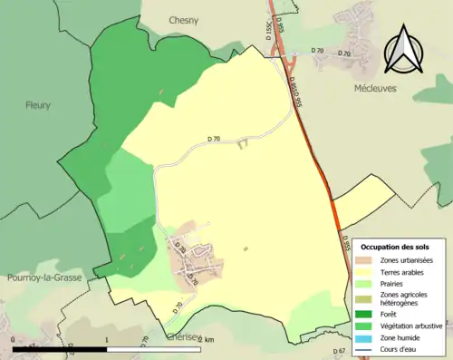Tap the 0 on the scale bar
[x=14, y=339]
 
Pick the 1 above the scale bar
[x=108, y=339]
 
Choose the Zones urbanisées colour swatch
[x=367, y=260]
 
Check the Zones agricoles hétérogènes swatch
[x=367, y=297]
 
